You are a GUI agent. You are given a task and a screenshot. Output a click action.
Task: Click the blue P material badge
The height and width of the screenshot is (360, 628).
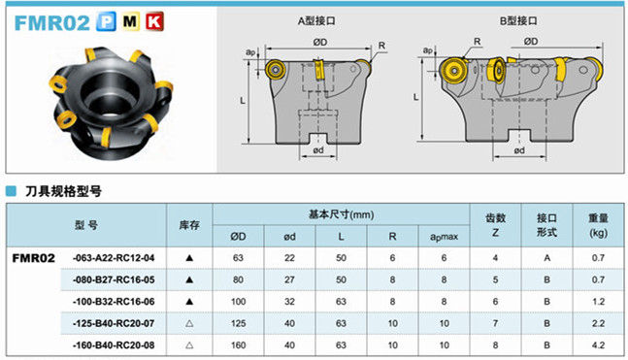pyautogui.click(x=106, y=21)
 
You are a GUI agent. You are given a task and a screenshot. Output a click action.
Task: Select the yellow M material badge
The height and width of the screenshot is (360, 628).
pyautogui.click(x=130, y=21)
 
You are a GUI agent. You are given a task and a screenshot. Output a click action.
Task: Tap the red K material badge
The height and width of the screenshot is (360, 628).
pyautogui.click(x=154, y=21)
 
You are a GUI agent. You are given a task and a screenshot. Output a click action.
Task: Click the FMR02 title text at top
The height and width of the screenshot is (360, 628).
pyautogui.click(x=52, y=22)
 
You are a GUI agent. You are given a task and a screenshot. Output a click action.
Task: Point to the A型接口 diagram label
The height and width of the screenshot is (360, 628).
pyautogui.click(x=316, y=20)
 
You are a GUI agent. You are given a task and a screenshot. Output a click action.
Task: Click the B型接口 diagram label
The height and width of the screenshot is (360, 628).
pyautogui.click(x=518, y=20)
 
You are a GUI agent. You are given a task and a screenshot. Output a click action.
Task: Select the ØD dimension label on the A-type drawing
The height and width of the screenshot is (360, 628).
pyautogui.click(x=320, y=42)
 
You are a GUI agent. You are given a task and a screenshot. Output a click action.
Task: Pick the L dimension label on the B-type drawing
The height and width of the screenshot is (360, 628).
pyautogui.click(x=415, y=97)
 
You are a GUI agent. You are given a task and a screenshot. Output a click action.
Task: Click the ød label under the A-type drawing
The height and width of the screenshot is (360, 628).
pyautogui.click(x=318, y=150)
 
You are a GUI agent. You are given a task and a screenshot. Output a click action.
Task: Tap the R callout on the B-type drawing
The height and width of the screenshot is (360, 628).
pyautogui.click(x=477, y=42)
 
